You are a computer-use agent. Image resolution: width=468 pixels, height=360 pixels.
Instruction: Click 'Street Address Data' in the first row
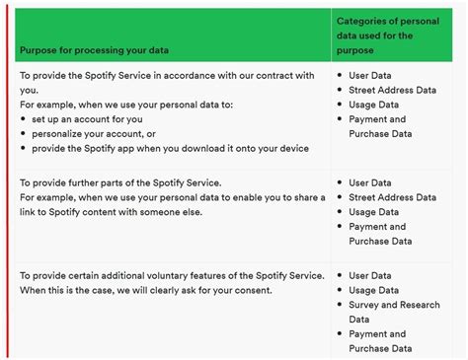click(392, 89)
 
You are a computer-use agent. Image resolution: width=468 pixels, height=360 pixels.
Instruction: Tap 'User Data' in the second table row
click(370, 182)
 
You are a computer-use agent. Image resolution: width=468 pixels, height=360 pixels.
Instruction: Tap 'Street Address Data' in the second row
click(392, 197)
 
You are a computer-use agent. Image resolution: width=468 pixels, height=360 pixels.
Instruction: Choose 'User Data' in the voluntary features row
click(370, 275)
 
